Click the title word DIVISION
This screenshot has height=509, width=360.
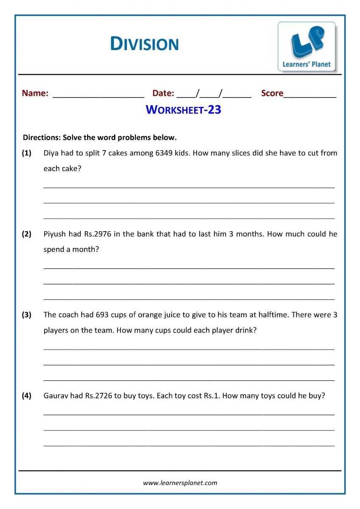coord(144,44)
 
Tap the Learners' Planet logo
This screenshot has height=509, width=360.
coord(307,47)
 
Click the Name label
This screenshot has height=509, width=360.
coord(35,93)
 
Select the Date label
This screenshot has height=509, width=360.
coord(163,93)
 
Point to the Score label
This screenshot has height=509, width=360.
coord(272,93)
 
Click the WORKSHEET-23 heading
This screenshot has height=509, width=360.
coord(183,110)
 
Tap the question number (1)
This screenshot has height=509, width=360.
coord(27,153)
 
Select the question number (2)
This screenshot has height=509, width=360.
coord(27,234)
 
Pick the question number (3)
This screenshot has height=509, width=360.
coord(27,315)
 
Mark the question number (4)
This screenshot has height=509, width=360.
coord(27,396)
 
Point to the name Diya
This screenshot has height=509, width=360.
coord(52,153)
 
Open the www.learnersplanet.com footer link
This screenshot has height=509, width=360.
coord(180,483)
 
